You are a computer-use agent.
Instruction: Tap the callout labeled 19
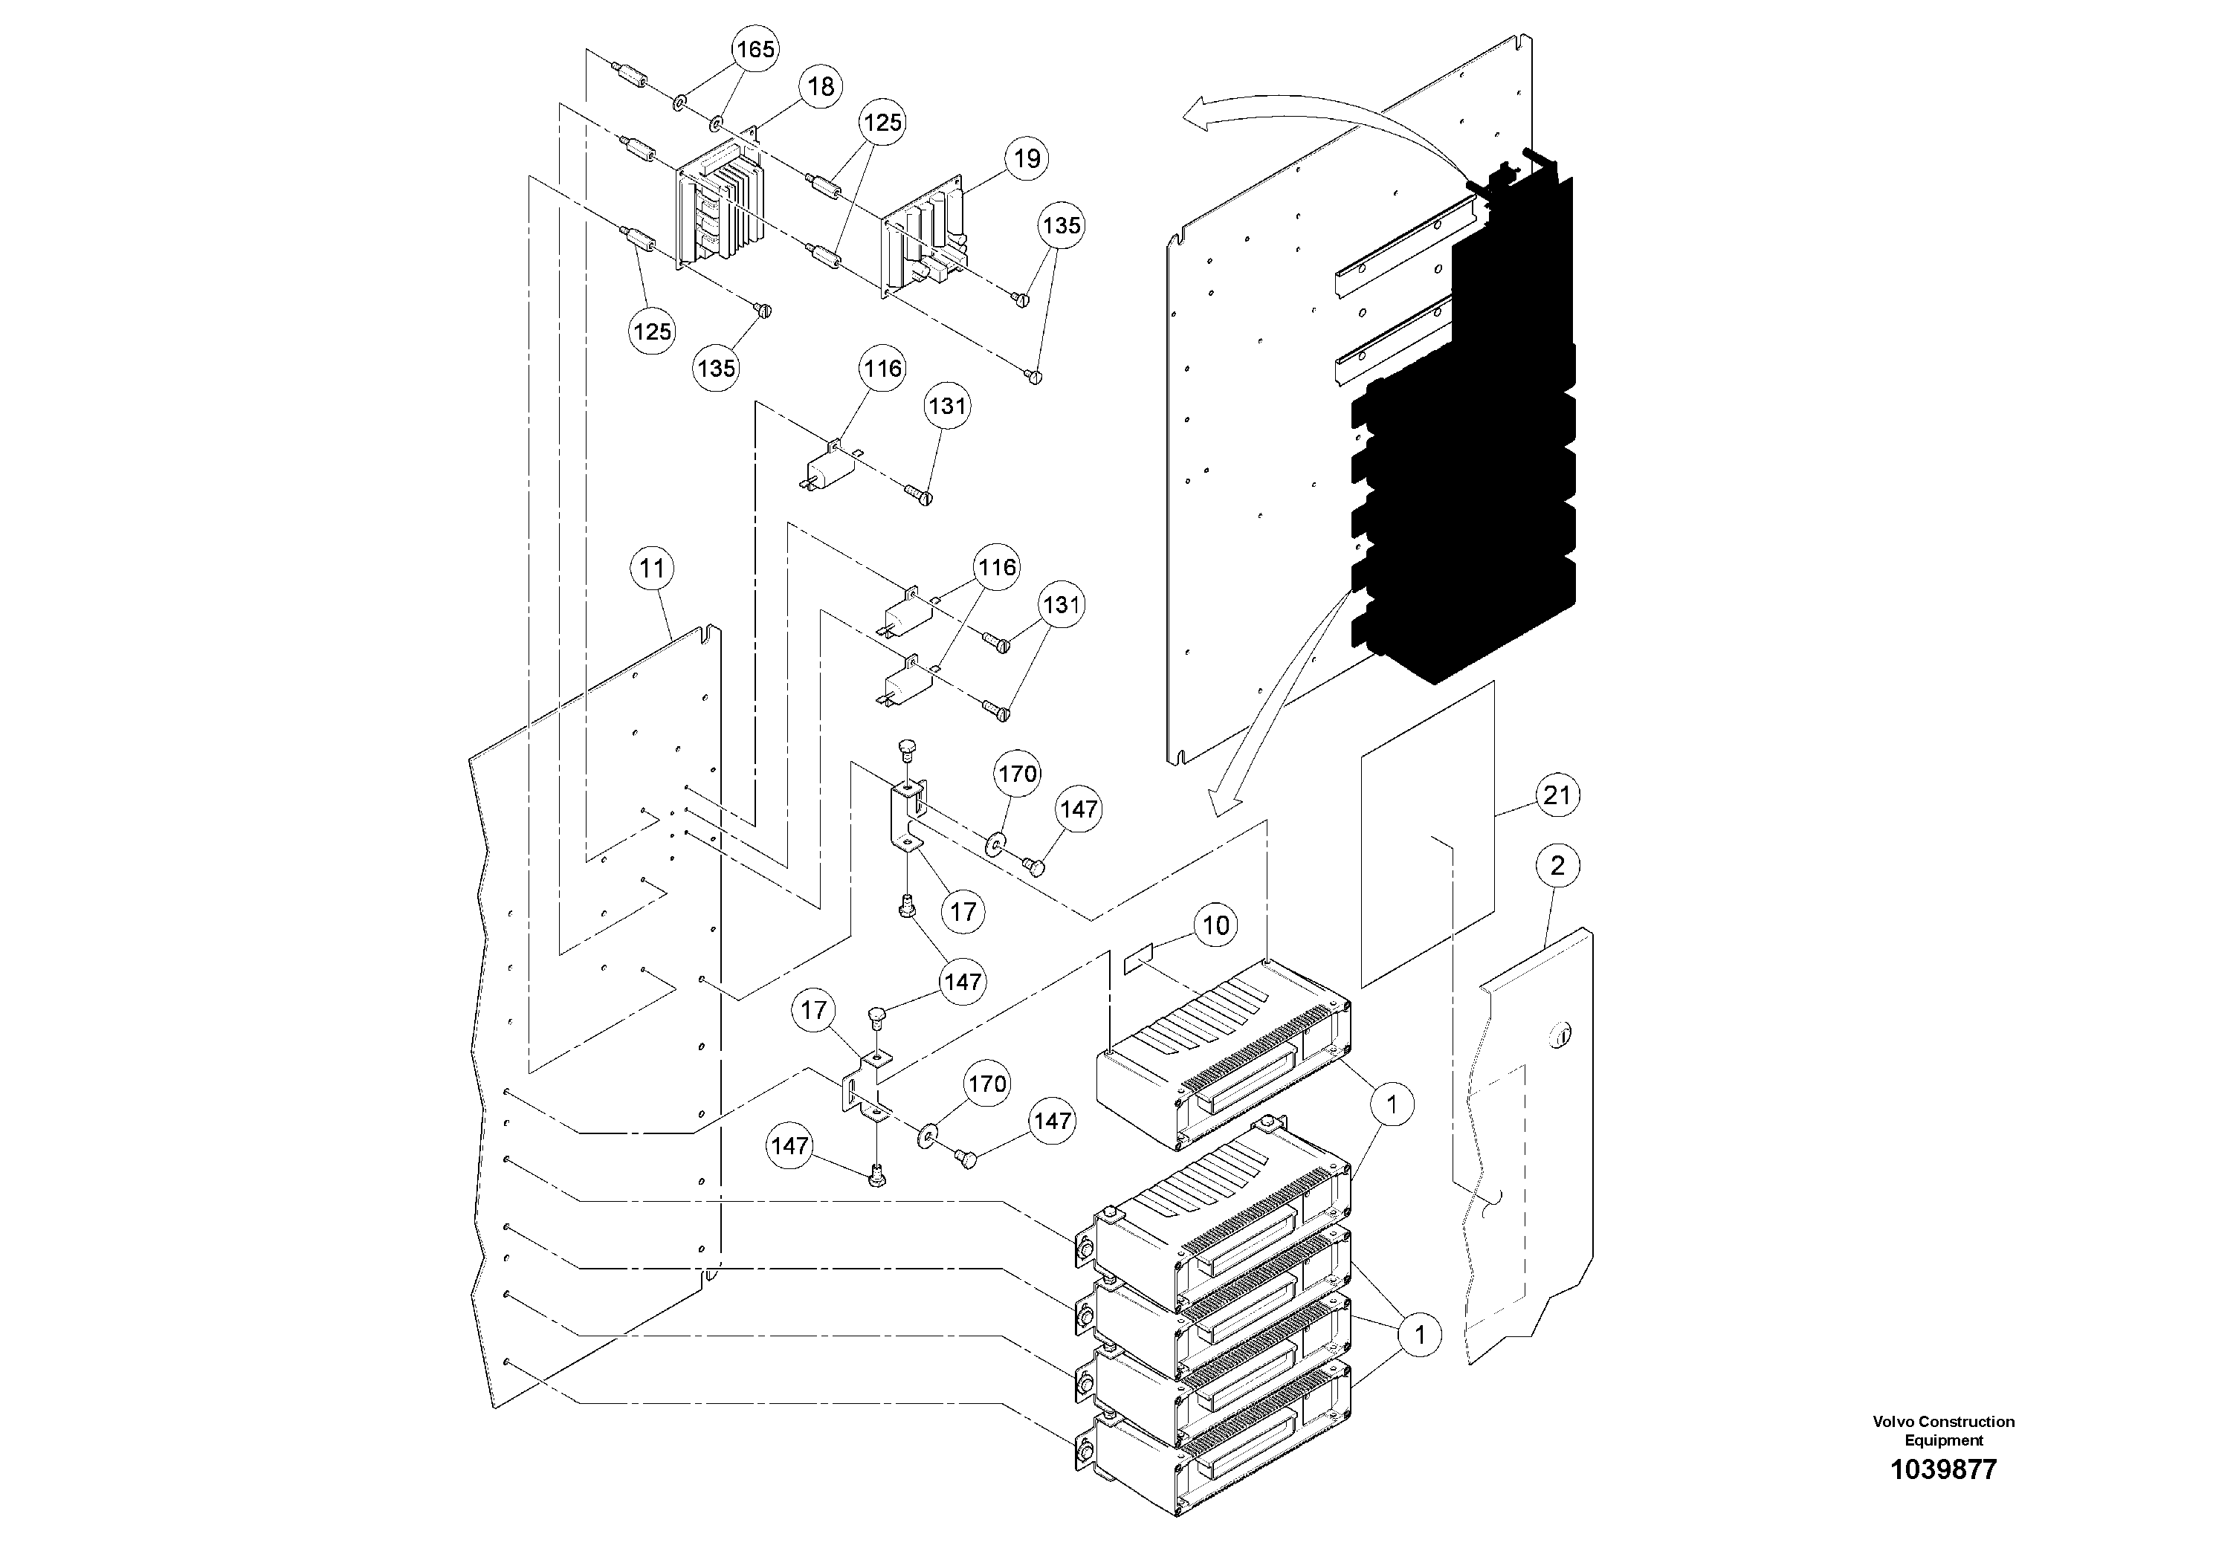click(1027, 158)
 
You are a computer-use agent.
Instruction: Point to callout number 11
click(653, 569)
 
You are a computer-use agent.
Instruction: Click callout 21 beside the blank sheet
click(1557, 795)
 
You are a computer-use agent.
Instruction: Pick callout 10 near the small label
click(1215, 926)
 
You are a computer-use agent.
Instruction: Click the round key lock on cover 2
click(1560, 1037)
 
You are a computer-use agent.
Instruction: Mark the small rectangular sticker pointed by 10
click(1138, 962)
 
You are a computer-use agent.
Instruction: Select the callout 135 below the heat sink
click(716, 368)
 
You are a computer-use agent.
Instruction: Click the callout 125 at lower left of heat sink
click(652, 331)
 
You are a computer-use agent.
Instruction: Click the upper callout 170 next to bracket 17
click(1017, 774)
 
